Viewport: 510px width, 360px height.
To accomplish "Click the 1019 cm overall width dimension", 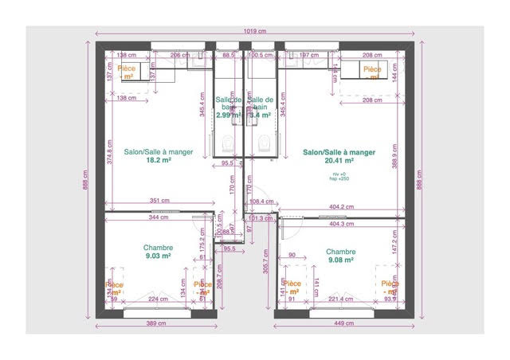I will coord(255,33).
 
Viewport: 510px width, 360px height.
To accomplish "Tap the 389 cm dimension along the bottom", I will coord(155,324).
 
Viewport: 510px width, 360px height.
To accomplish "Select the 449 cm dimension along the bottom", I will coord(344,324).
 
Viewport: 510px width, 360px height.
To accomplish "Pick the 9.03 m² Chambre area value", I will coord(158,256).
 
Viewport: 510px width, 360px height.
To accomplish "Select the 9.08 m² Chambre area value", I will coord(340,260).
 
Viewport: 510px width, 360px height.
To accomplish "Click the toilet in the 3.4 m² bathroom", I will coord(263,143).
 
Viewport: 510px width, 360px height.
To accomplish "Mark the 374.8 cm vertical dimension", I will coord(108,151).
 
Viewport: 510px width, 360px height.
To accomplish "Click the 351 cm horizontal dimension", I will coord(159,200).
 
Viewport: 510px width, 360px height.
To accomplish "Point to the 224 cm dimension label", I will coord(158,299).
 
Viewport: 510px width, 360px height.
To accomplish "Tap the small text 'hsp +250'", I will coord(339,179).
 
